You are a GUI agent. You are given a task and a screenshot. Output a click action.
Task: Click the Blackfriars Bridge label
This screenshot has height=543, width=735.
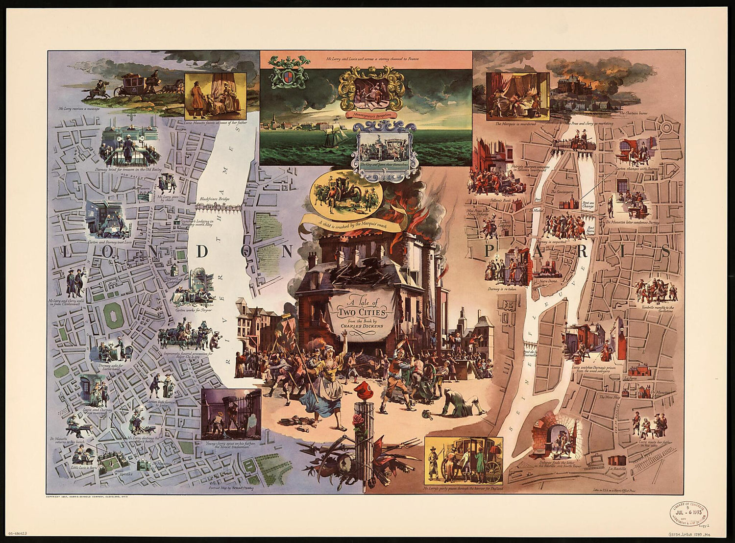[214, 199]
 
